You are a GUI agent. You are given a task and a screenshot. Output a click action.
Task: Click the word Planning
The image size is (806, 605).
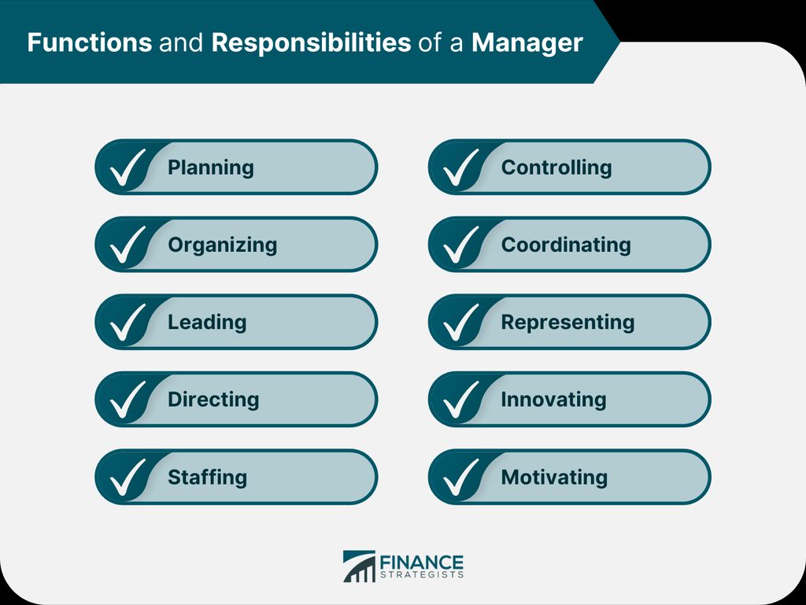point(211,168)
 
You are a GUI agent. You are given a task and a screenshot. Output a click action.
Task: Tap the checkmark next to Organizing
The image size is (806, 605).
point(128,245)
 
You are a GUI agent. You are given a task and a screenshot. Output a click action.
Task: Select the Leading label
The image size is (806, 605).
point(207,323)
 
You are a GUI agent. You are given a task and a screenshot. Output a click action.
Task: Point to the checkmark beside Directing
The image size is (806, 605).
point(128,400)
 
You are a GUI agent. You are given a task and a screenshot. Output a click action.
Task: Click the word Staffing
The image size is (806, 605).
point(208,477)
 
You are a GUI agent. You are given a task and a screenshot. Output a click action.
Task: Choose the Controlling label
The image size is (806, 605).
point(556,168)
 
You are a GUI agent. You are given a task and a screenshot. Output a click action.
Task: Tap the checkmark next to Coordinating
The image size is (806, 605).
point(461,245)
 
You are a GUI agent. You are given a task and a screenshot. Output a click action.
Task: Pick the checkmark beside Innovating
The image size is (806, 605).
point(461,400)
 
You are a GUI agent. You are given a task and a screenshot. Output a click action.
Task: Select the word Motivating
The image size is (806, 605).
point(554,477)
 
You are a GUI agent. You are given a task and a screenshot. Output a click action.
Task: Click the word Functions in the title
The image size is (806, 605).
point(90,42)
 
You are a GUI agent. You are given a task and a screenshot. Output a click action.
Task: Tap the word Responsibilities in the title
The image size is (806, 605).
point(311,42)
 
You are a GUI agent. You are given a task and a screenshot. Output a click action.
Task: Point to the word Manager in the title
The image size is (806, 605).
point(527,43)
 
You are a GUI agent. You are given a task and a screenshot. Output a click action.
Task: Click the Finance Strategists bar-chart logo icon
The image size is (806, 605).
point(359,566)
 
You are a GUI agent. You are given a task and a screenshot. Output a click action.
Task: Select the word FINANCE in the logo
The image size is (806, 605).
point(422,562)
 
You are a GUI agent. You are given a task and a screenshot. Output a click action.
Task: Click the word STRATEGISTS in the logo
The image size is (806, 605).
point(422,574)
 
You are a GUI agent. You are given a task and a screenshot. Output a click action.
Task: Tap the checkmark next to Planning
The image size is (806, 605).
point(128,168)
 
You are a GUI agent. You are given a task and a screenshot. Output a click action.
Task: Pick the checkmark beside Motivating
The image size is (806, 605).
point(461,478)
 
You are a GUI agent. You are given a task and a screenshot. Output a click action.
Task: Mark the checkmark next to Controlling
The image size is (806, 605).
point(461,168)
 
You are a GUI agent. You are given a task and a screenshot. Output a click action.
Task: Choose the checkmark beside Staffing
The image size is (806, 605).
point(128,478)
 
